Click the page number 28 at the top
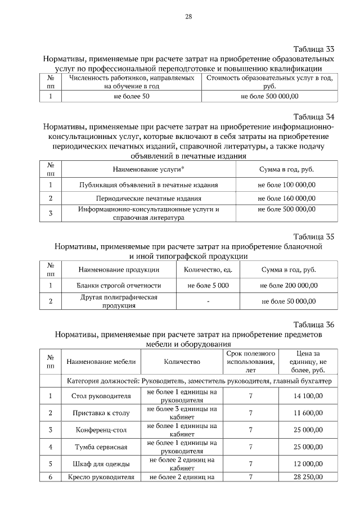[189, 16]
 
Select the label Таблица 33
[314, 48]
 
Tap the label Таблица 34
[314, 117]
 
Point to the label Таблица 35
[314, 236]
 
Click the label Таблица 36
[314, 325]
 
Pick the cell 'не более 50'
[132, 97]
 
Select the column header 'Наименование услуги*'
[148, 169]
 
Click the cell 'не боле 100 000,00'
[286, 184]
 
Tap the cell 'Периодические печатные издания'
[148, 198]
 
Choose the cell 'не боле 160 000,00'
[286, 198]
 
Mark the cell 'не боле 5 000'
[208, 286]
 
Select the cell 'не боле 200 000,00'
[289, 286]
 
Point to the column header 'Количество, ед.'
[208, 269]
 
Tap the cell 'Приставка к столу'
[101, 413]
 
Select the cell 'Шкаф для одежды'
[101, 464]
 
